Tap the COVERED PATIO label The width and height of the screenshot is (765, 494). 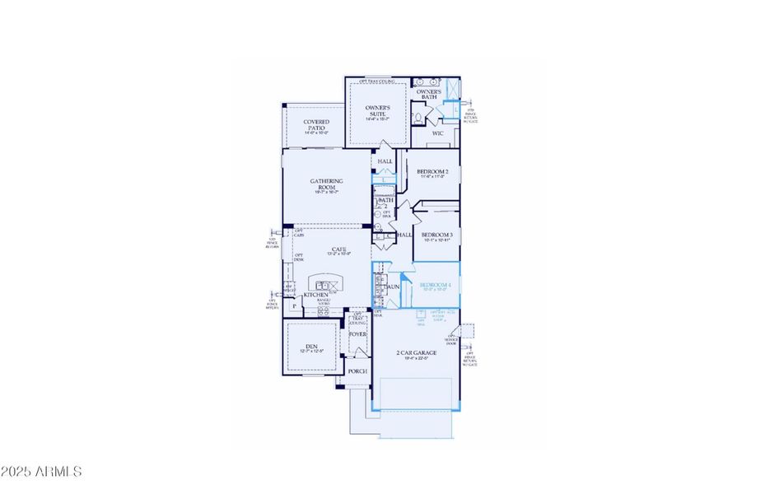(315, 126)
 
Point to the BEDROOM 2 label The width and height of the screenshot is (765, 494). (432, 173)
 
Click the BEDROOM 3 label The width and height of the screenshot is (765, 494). (437, 236)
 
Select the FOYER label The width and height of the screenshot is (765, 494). (357, 334)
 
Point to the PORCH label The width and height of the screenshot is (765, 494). (357, 371)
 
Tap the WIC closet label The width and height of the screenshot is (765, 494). (438, 133)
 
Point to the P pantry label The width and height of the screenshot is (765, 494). (293, 306)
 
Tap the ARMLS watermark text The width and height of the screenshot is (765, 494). (42, 472)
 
